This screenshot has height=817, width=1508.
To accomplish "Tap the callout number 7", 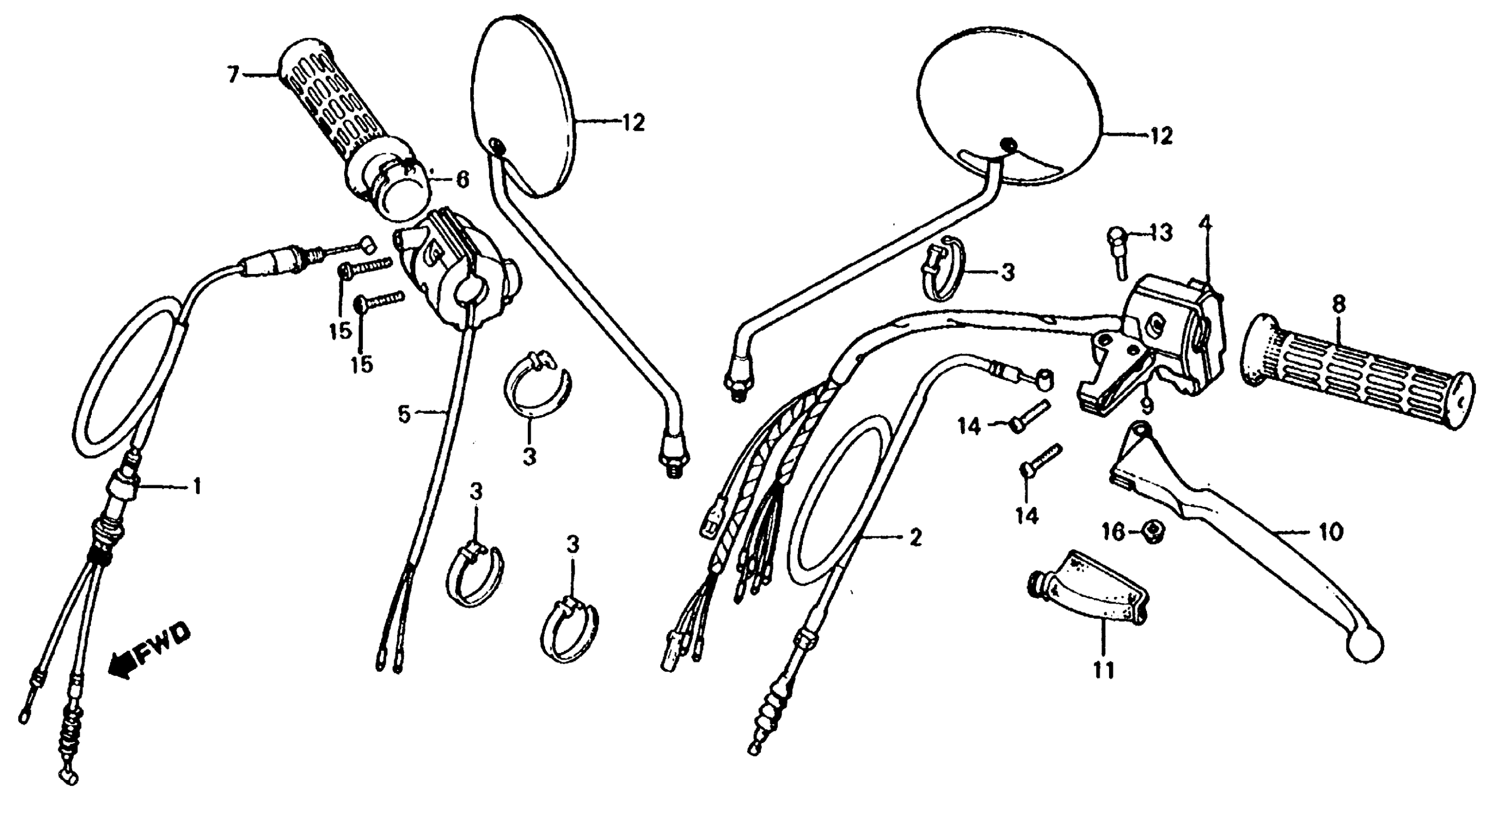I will point(234,75).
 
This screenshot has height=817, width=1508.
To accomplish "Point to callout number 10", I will point(1332,532).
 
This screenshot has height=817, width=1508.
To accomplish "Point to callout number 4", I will point(1204,223).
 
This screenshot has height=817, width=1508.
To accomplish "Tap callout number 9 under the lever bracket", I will point(1146,404).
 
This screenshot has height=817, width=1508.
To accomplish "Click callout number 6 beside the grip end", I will point(462,180).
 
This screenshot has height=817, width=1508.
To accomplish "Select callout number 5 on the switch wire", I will point(403,415).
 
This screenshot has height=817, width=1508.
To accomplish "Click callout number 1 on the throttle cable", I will point(197,485).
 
